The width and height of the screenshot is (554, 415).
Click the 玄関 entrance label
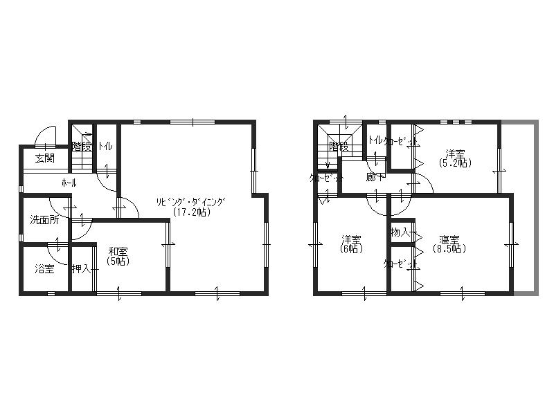(x=45, y=158)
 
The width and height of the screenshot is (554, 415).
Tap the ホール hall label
(x=69, y=183)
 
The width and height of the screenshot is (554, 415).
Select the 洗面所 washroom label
(x=44, y=220)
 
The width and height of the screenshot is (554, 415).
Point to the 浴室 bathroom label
(x=44, y=269)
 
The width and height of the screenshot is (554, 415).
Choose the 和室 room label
(x=118, y=252)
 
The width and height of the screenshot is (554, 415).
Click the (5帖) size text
(x=118, y=261)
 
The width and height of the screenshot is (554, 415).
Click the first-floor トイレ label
(x=105, y=146)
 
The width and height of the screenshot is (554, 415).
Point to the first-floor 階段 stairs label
(x=82, y=147)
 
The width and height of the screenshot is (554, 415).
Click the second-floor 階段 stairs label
(x=339, y=147)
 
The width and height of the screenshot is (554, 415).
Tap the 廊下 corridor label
(x=376, y=178)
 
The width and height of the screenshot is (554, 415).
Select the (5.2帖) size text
(x=454, y=163)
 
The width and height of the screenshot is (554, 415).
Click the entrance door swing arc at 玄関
(x=44, y=135)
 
